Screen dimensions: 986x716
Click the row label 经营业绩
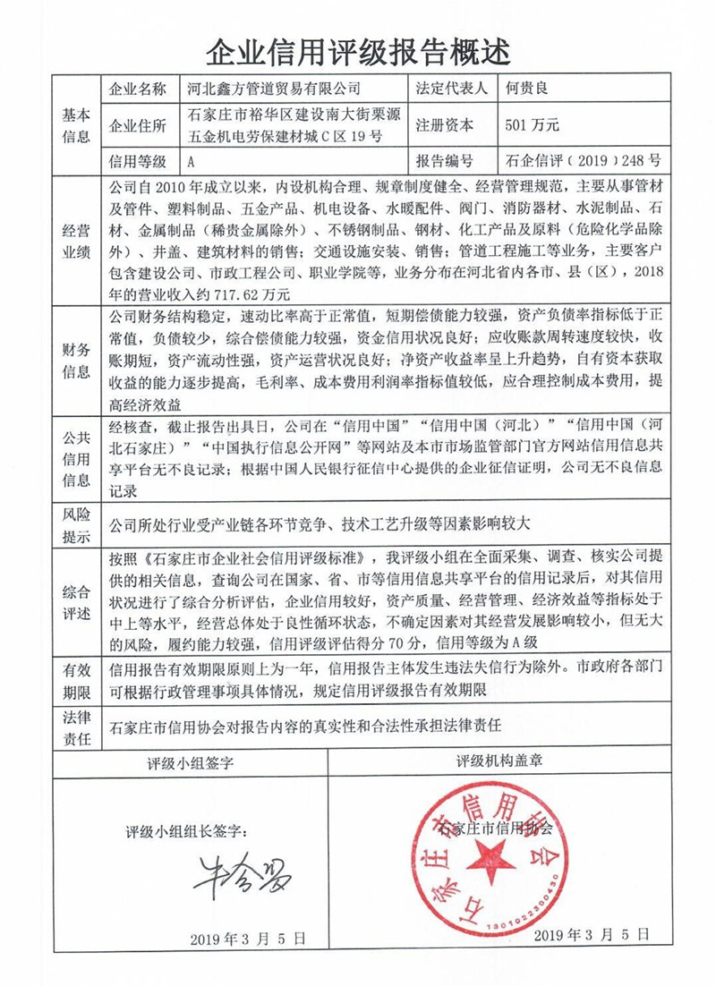(75, 240)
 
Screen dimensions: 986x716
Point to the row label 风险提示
(75, 525)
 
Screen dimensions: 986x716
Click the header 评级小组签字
(190, 763)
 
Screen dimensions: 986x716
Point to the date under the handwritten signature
(248, 939)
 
